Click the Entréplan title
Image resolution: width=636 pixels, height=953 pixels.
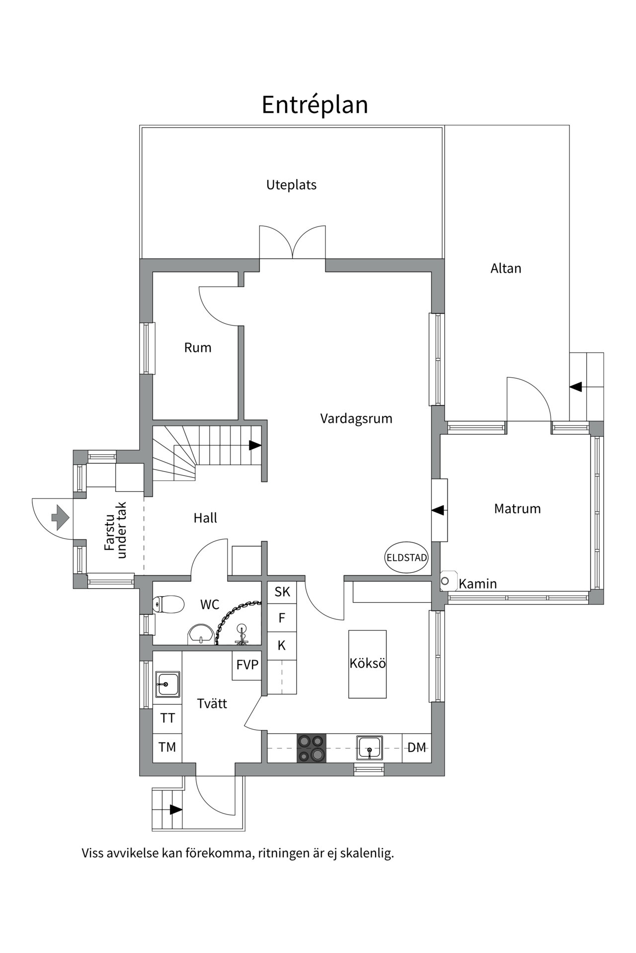coord(315,105)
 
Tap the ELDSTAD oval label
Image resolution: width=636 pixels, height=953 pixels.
coord(406,557)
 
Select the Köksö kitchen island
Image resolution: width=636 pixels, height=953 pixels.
coord(367,664)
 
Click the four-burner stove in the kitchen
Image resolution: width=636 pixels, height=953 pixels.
coord(312,748)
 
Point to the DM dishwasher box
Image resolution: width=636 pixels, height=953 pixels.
coord(416,748)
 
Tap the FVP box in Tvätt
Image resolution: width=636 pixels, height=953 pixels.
coord(247,665)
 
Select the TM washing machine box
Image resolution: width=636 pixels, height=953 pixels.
coord(167,747)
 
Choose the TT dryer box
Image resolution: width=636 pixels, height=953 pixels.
coord(167,718)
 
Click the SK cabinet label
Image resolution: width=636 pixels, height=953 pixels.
coord(282,592)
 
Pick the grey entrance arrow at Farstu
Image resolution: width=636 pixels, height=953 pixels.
coord(60,518)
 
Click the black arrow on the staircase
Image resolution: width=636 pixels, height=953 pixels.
coord(255,445)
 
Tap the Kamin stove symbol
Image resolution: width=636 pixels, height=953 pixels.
coord(446,581)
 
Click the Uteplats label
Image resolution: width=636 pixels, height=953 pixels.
coord(291,185)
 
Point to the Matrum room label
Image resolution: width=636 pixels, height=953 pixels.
coord(517,509)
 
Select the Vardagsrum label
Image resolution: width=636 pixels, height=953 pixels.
coord(356,419)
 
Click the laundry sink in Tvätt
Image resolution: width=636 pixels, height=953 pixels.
coord(167,684)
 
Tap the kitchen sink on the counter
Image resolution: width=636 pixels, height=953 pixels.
coord(369,748)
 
